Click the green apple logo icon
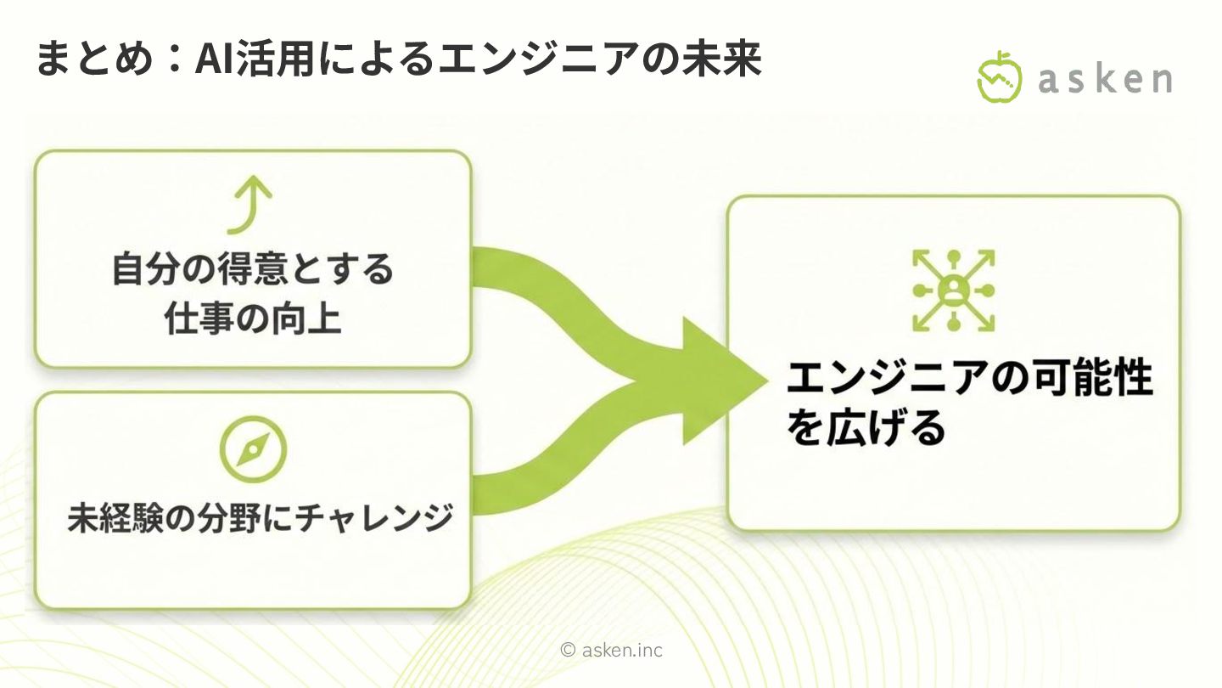click(1000, 77)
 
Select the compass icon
click(252, 449)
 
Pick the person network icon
click(953, 290)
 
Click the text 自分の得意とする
click(253, 270)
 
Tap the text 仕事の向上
click(253, 319)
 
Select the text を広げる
click(866, 427)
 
